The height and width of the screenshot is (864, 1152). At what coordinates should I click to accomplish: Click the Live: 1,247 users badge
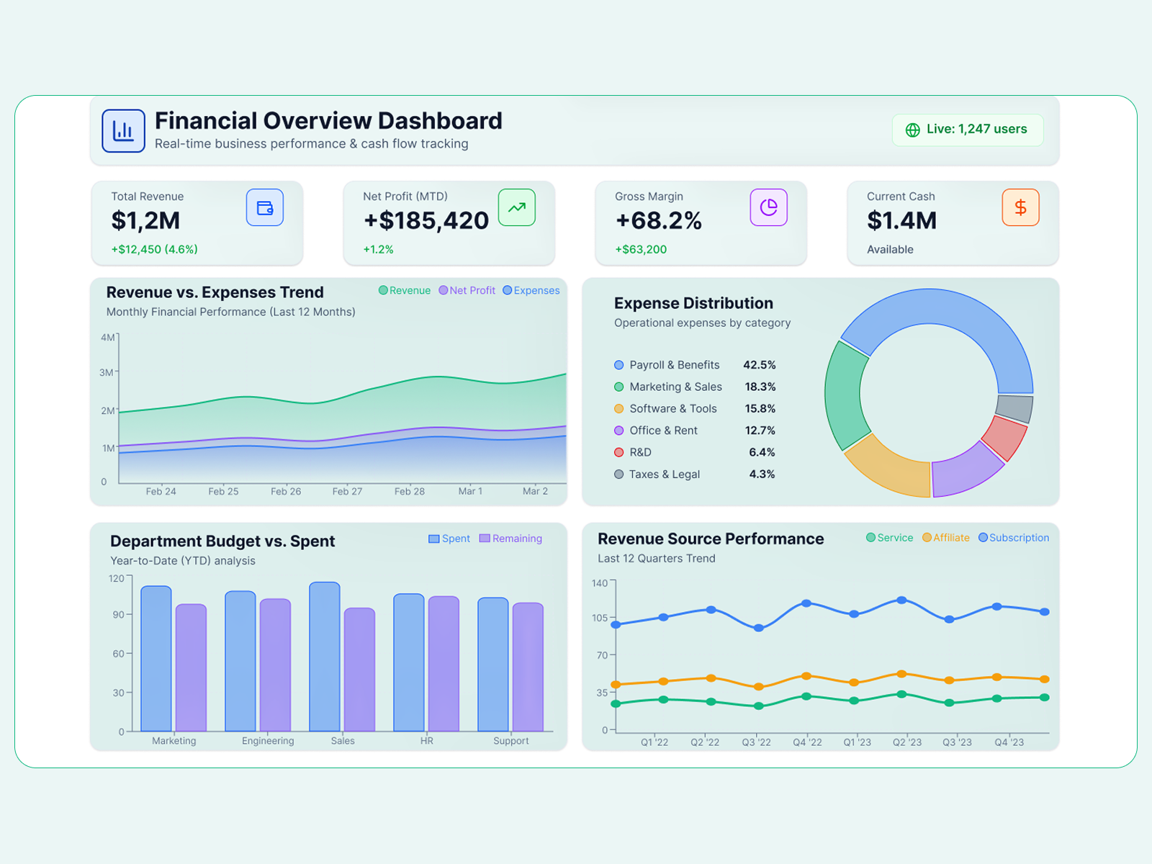(968, 130)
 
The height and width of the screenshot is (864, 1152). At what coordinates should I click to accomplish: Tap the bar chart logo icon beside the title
(123, 131)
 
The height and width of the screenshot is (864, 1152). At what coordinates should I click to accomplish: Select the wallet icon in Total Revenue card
(265, 207)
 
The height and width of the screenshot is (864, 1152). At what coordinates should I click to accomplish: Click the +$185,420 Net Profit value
(426, 220)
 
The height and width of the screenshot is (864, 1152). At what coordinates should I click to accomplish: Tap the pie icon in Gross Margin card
(768, 207)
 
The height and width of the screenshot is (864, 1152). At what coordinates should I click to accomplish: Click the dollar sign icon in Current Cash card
(1020, 207)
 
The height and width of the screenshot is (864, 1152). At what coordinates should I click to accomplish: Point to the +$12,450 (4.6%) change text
(154, 249)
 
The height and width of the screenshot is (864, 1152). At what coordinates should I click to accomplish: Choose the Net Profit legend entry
(467, 290)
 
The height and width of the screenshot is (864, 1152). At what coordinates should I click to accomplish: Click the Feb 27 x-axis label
(347, 491)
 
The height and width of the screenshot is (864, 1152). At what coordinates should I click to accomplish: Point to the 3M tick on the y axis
(107, 372)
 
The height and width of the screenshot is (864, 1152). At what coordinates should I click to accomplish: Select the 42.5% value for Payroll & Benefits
(759, 365)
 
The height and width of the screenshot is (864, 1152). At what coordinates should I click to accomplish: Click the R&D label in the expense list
(640, 452)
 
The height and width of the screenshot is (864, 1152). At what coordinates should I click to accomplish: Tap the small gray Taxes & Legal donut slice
(1015, 408)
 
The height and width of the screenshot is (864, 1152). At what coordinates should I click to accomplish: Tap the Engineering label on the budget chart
(268, 741)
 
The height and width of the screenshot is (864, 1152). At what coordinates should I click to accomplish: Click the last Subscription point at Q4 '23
(1045, 612)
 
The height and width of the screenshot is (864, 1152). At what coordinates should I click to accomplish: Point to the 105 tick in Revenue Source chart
(599, 618)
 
